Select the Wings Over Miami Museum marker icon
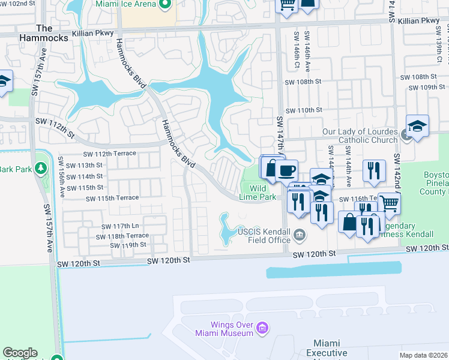[x=262, y=328]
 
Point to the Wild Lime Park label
[x=262, y=193]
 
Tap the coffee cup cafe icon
[x=287, y=169]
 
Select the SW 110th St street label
[x=304, y=110]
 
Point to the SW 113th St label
[x=84, y=165]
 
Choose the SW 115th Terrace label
[x=112, y=198]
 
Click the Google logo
[x=20, y=353]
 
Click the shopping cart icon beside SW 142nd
[x=390, y=203]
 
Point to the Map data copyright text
[x=423, y=355]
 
